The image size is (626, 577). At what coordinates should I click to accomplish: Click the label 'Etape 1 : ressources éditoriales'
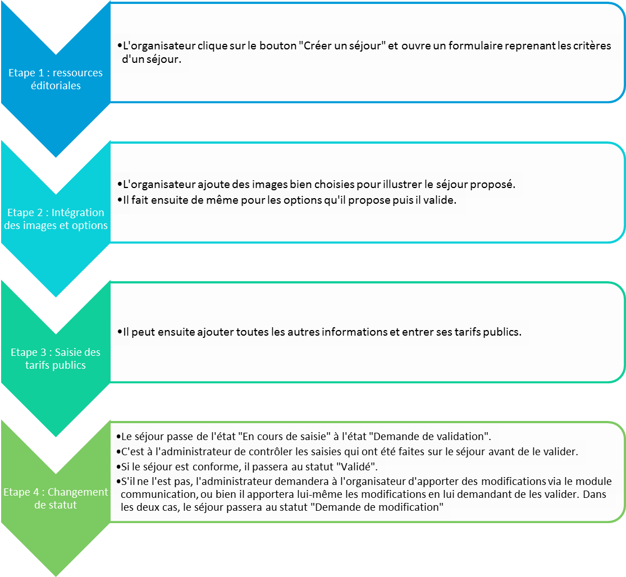[x=56, y=79]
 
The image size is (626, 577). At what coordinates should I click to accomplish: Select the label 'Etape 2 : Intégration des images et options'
[x=56, y=219]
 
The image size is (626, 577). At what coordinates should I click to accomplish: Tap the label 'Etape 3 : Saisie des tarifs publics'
[x=56, y=358]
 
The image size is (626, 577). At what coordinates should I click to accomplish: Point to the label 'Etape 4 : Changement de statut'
[x=56, y=498]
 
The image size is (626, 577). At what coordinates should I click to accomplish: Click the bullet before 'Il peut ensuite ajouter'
[x=120, y=332]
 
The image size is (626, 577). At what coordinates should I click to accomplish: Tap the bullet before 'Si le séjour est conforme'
[x=118, y=466]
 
